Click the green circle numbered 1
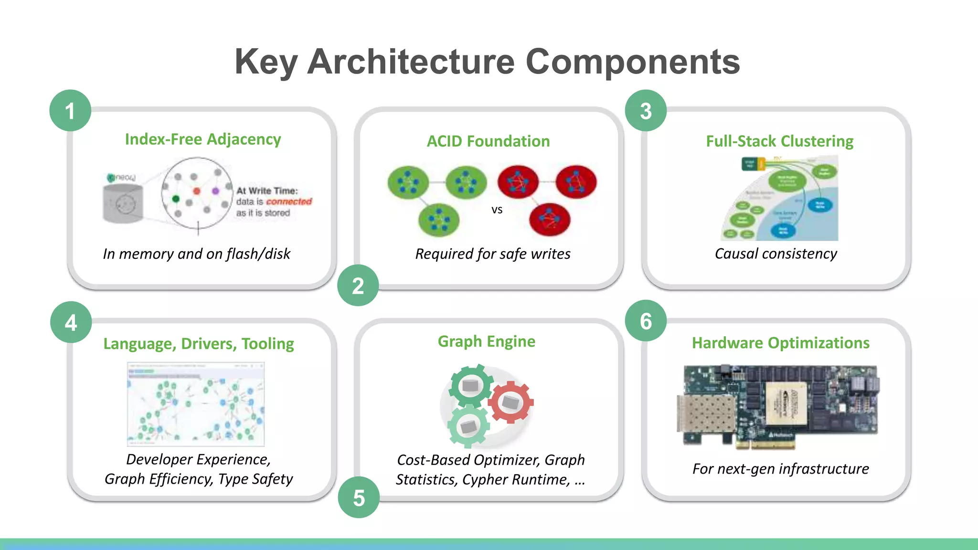(x=70, y=111)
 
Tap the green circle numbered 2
(x=358, y=286)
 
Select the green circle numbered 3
(x=646, y=111)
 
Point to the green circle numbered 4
(x=71, y=322)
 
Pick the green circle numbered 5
(x=359, y=497)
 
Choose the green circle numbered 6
(x=646, y=321)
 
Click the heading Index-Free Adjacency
(x=203, y=139)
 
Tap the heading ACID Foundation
(x=488, y=141)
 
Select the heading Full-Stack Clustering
(x=779, y=141)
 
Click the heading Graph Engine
(x=486, y=341)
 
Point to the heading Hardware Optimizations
(x=780, y=343)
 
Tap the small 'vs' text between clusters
(x=497, y=210)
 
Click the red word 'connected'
(x=289, y=201)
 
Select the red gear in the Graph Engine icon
(x=510, y=402)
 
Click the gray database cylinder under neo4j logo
(x=123, y=204)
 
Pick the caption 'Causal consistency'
(x=776, y=254)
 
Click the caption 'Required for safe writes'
(x=492, y=254)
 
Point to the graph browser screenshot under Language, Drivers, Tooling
(x=195, y=404)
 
